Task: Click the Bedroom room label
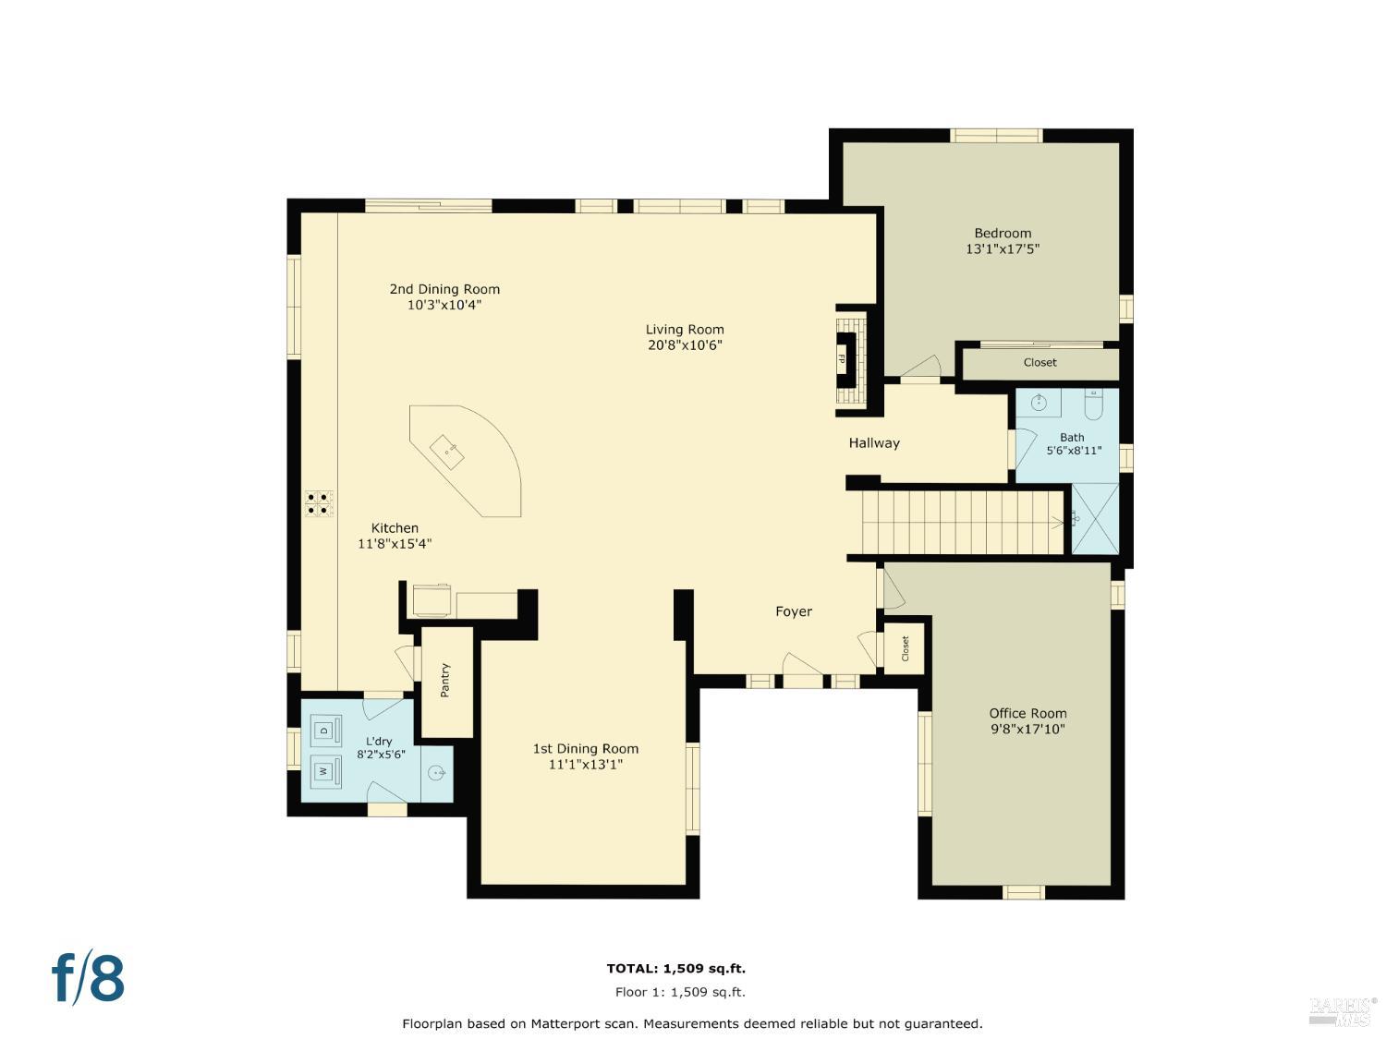coord(1003,234)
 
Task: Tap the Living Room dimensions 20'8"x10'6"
coord(685,345)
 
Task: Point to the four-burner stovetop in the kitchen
coord(319,503)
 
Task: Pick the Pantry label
coord(445,681)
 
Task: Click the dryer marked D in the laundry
coord(324,731)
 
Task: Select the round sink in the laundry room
coord(436,773)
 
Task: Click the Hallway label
coord(874,443)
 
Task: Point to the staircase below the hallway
coord(961,523)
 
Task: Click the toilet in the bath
coord(1094,404)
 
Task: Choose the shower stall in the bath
coord(1095,519)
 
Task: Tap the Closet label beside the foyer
coord(906,648)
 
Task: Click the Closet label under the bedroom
coord(1039,363)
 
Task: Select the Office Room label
coord(1027,713)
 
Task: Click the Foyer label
coord(794,611)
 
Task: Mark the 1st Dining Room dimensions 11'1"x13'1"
coord(585,765)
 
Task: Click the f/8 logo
coord(88,979)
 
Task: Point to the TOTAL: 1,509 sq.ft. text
coord(675,969)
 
